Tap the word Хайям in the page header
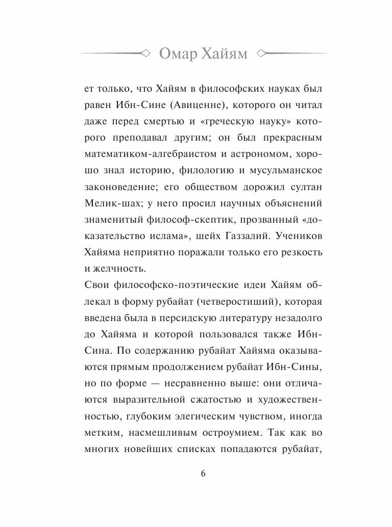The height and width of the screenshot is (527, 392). click(x=225, y=54)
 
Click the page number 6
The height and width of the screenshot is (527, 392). click(x=203, y=473)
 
